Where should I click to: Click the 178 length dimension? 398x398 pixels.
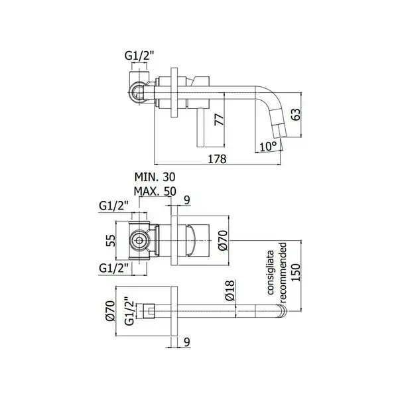(x=217, y=159)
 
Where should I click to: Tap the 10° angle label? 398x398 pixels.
(x=267, y=147)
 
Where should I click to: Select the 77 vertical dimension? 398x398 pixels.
(x=219, y=120)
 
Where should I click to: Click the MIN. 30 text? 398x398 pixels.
(x=155, y=177)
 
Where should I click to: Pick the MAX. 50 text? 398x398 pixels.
(x=155, y=191)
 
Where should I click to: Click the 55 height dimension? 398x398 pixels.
(x=110, y=240)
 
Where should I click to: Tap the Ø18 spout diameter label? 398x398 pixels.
(x=230, y=291)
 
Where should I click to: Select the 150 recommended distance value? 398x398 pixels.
(x=296, y=273)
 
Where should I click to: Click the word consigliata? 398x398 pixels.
(x=271, y=273)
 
